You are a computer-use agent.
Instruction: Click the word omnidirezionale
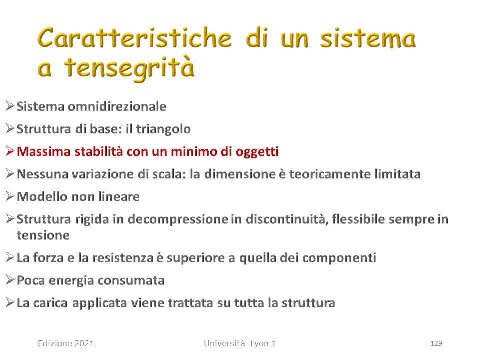click(x=117, y=106)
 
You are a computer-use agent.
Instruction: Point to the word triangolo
click(x=164, y=129)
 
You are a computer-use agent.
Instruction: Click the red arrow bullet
click(x=10, y=151)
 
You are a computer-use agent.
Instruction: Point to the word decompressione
click(x=178, y=219)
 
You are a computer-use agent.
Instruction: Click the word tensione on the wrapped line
click(x=43, y=235)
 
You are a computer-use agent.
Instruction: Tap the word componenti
click(x=339, y=258)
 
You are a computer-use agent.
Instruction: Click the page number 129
click(x=436, y=343)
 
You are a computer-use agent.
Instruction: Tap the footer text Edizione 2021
click(x=66, y=343)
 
